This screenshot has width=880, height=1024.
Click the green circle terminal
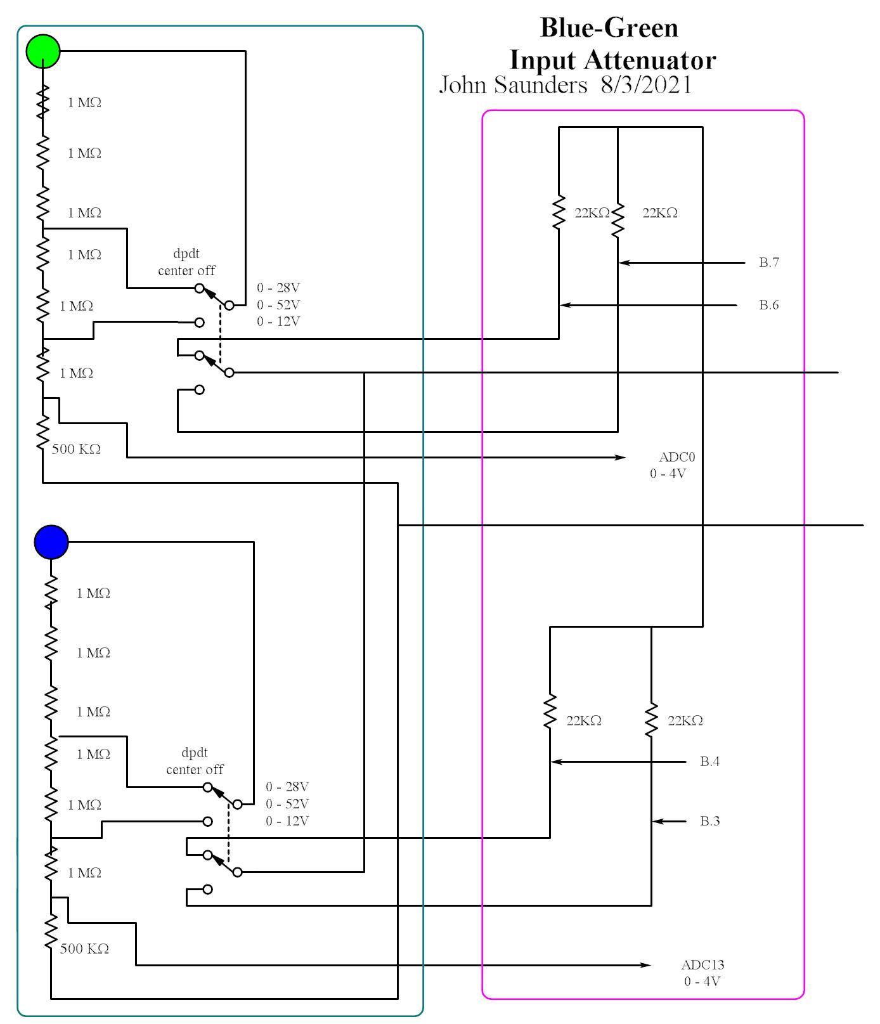43,51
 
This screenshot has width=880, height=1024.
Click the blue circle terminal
51,542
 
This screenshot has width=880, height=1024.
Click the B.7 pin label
768,262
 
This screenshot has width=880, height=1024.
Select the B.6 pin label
768,305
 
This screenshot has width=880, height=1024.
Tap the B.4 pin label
709,762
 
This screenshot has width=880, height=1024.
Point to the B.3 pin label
709,821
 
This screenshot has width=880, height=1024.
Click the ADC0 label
676,457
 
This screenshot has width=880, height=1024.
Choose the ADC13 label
702,965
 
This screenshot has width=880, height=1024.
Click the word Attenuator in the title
650,61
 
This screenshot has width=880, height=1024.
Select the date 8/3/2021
646,85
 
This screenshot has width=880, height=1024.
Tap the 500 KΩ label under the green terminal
76,450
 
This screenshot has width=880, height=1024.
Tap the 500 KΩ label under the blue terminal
84,949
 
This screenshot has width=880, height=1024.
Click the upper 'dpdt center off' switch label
186,262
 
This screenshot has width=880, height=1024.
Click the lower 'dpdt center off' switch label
195,761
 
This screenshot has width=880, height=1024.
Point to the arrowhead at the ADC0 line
621,457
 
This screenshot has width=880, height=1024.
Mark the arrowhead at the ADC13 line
647,965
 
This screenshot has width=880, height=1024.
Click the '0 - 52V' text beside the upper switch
278,305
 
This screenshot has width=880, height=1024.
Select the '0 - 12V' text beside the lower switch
287,821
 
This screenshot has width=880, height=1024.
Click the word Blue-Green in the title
609,28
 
